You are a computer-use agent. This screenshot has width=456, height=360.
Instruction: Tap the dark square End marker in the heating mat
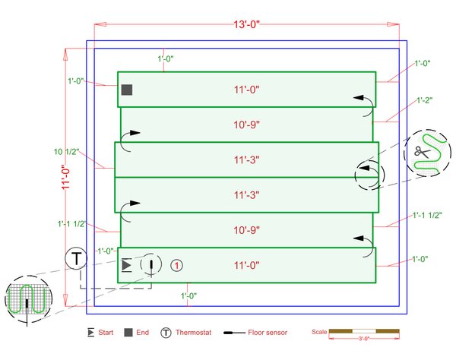[127, 90]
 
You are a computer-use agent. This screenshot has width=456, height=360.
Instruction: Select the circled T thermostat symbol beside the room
[76, 257]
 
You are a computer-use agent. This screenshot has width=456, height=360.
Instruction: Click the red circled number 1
[176, 265]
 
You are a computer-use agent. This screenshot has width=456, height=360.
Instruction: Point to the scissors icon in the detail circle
[422, 152]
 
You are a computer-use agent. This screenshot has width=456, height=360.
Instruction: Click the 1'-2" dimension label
[426, 100]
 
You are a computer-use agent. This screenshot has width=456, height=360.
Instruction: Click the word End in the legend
[142, 333]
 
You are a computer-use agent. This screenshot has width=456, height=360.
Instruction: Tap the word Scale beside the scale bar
[319, 332]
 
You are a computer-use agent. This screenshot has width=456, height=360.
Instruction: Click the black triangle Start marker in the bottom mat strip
[126, 265]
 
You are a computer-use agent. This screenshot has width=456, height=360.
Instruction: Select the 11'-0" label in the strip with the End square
[246, 90]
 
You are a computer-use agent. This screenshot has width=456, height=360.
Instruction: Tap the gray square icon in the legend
[128, 333]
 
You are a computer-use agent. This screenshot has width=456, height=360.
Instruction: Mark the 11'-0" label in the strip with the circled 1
[246, 265]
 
